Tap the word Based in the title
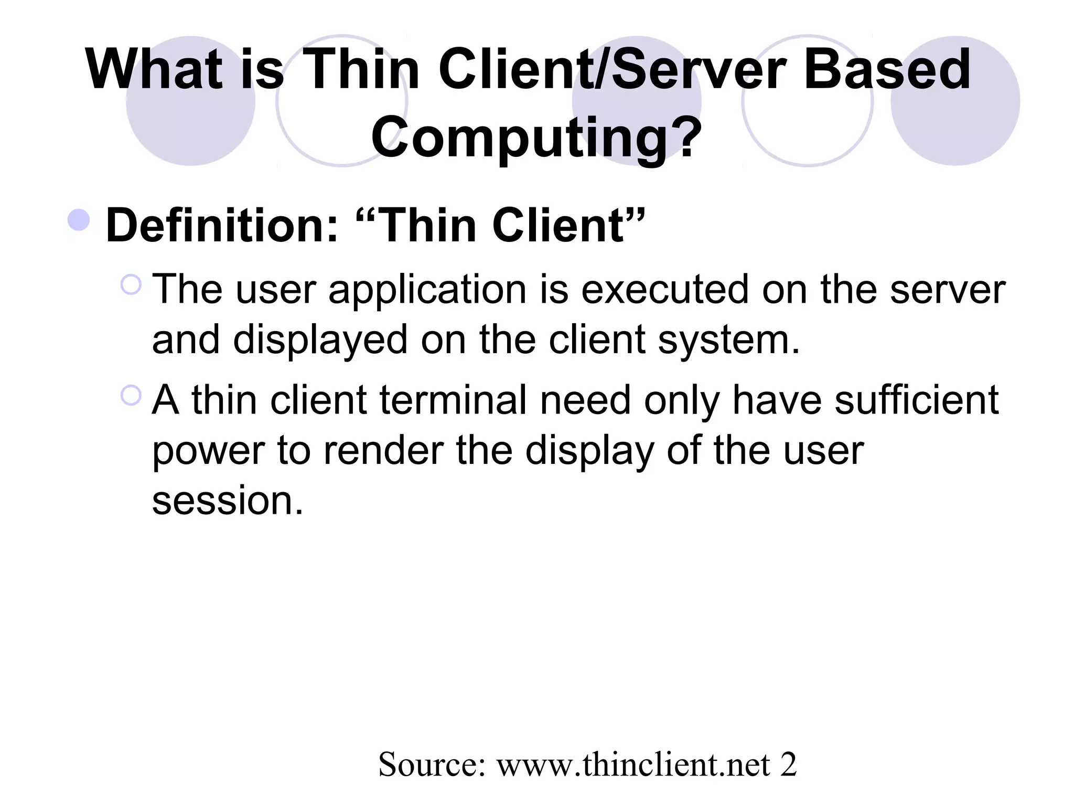coord(887,70)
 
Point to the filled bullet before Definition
coord(79,220)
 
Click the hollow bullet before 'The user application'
coord(131,285)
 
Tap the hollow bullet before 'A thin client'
coord(131,395)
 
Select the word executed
coord(665,290)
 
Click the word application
coord(427,291)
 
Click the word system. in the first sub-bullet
coord(729,341)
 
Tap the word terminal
coord(453,400)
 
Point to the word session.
coord(228,501)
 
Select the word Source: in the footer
coord(433,765)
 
